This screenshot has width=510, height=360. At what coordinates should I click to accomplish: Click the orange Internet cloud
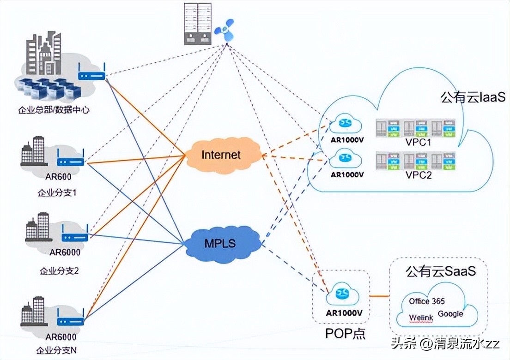221,155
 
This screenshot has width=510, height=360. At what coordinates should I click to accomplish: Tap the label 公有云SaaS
440,271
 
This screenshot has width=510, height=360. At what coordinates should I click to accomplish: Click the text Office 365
427,301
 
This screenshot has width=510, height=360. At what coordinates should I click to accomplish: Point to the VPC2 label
418,175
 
